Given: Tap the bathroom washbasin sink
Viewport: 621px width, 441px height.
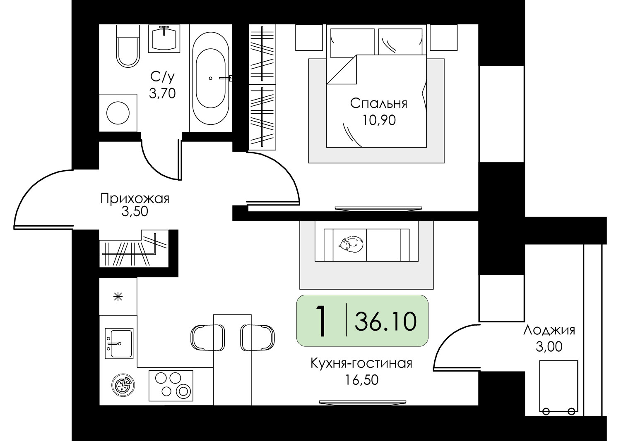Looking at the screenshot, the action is [x=164, y=38].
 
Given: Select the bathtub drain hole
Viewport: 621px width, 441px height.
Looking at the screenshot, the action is [x=210, y=79].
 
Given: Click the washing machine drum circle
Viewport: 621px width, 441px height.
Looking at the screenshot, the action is [x=118, y=113].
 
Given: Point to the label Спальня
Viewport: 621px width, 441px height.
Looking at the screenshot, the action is [x=379, y=104].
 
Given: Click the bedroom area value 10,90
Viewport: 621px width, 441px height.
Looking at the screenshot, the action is [x=379, y=120].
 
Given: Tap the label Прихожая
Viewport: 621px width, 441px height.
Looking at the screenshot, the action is [x=135, y=199].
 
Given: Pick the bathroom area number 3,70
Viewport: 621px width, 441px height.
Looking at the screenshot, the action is [x=162, y=93].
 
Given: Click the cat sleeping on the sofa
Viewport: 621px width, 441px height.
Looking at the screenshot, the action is [x=350, y=244].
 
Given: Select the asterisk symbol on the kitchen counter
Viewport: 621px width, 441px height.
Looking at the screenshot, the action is [x=118, y=297].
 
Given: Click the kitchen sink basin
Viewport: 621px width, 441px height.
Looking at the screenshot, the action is [x=119, y=343].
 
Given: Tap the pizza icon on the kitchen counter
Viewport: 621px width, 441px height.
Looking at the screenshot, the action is [x=123, y=385].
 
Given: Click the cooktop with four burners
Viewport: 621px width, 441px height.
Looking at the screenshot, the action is [x=171, y=386].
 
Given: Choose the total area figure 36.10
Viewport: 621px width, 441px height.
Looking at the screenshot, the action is [x=385, y=321].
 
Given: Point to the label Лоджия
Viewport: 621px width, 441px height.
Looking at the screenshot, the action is [x=549, y=330].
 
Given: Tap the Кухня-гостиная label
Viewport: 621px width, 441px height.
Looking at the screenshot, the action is [x=361, y=363].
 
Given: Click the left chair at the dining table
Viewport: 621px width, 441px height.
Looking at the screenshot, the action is [x=208, y=338].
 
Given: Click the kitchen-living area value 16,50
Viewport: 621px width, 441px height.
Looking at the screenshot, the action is [x=362, y=380].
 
